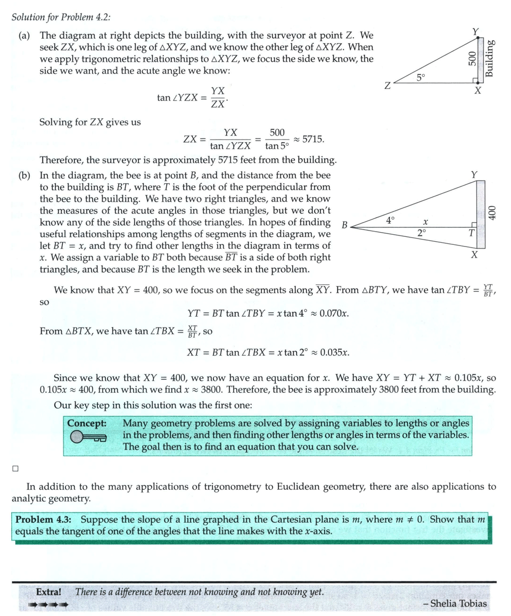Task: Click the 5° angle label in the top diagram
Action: tap(421, 77)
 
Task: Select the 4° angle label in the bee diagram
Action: tap(390, 219)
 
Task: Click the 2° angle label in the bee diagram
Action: tap(422, 233)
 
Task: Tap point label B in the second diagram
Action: tap(344, 226)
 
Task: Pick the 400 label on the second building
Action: tap(492, 212)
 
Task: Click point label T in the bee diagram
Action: tap(471, 234)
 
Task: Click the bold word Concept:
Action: tap(87, 423)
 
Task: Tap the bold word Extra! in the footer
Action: tap(49, 592)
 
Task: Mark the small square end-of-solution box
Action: tap(15, 469)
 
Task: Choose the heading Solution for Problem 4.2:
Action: tap(61, 17)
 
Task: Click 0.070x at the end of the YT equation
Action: tap(334, 313)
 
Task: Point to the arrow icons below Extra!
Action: tap(48, 605)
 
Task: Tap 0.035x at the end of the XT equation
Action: tap(334, 352)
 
